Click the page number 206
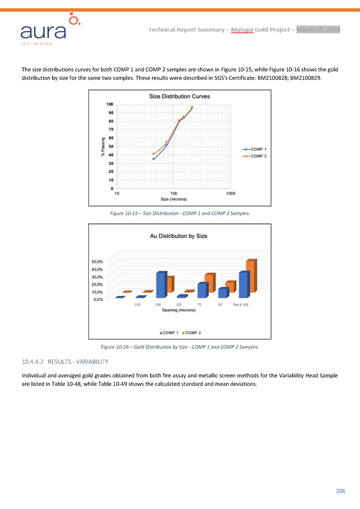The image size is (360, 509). point(340,491)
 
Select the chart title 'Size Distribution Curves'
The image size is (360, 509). point(179,97)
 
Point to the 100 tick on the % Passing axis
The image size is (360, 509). point(110,105)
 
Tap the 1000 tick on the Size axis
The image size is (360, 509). point(231,193)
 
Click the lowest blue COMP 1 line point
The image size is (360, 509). point(153,159)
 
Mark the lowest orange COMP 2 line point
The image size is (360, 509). point(153,154)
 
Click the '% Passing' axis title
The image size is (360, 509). point(103,148)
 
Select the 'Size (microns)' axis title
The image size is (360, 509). point(174,199)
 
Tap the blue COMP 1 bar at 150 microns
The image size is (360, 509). point(162,285)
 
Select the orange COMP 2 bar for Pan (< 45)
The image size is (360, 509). point(251,278)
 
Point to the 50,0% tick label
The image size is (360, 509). point(97,262)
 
